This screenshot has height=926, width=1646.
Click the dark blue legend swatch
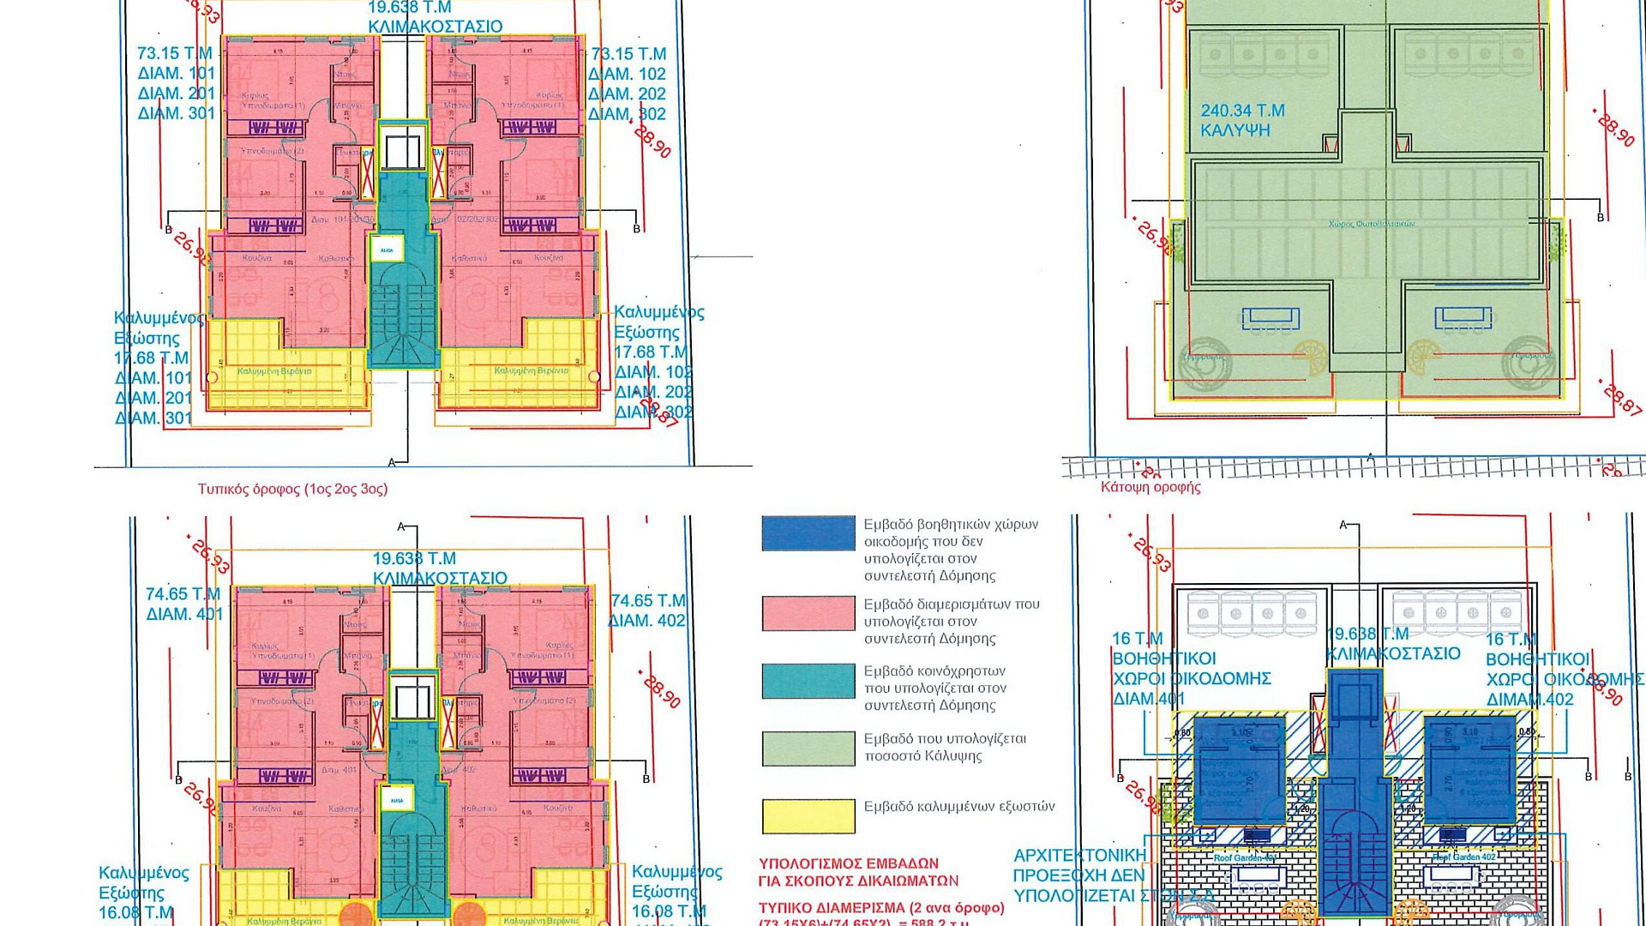pos(808,532)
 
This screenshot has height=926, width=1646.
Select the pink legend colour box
pos(808,613)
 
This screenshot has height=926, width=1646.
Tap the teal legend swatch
pos(808,681)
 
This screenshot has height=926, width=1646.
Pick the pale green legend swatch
pos(808,748)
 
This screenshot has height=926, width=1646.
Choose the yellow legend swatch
pos(808,815)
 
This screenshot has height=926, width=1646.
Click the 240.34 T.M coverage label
pos(1242,111)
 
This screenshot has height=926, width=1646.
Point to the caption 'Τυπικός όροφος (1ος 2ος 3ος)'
pos(292,489)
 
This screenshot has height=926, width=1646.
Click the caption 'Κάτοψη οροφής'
pos(1150,487)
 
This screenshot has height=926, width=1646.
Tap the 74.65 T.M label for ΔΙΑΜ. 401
pos(183,594)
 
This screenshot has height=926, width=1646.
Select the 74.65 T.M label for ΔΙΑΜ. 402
pos(648,601)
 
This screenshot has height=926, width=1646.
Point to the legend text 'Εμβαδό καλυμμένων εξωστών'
pos(958,806)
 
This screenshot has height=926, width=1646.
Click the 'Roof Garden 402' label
pos(1463,857)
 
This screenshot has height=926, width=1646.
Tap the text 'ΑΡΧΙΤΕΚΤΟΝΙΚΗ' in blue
pos(1079,856)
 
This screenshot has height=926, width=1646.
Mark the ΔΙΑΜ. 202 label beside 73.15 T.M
pos(627,94)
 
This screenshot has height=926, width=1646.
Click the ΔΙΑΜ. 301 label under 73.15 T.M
pos(177,113)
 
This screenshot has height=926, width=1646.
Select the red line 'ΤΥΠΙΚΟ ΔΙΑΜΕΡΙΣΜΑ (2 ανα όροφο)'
pos(881,907)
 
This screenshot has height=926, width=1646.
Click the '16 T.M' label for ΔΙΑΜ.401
pos(1137,639)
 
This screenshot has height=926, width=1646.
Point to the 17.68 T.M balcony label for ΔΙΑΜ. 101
pos(151,358)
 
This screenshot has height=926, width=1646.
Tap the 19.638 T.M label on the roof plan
pos(1367,634)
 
